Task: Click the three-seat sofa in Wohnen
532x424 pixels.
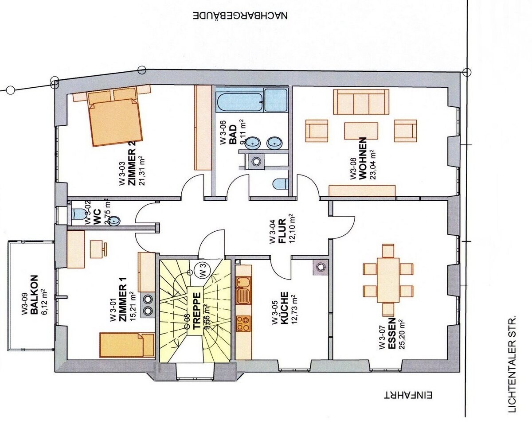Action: pos(361,102)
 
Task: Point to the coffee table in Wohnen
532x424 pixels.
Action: pos(361,131)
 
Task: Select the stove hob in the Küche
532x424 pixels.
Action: pos(243,323)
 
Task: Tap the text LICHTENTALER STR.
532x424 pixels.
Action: pos(513,364)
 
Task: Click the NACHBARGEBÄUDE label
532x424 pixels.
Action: pos(240,16)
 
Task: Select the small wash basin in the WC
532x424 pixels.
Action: pos(114,220)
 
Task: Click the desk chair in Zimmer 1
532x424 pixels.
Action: pos(98,249)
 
